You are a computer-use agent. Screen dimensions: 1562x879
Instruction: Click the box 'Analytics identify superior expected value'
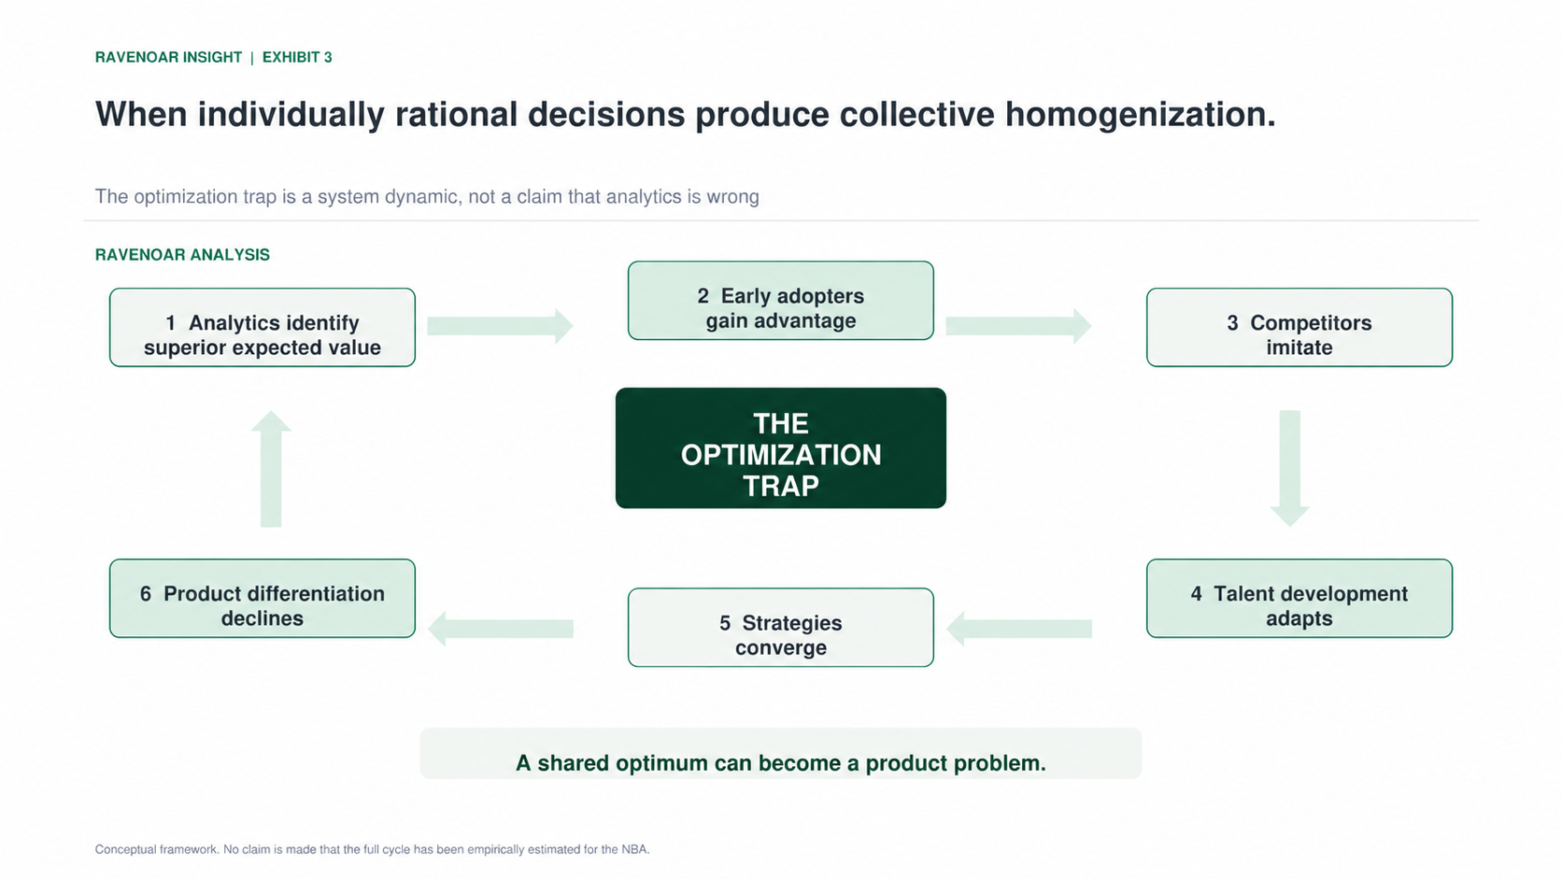click(x=263, y=328)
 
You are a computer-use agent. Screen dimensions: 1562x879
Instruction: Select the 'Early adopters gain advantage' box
click(x=780, y=301)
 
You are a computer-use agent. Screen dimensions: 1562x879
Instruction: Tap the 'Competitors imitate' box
click(x=1299, y=328)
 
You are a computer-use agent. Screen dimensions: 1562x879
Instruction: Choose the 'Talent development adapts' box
click(x=1299, y=598)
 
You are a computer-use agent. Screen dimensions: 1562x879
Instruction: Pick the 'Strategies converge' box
click(x=780, y=628)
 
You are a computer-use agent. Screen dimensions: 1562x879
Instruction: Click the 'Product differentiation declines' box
click(x=263, y=598)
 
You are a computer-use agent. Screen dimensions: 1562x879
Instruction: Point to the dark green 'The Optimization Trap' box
click(x=780, y=447)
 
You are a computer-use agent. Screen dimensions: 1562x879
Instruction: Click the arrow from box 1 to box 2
click(x=500, y=325)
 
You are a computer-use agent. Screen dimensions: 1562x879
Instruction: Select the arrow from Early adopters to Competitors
click(x=1018, y=325)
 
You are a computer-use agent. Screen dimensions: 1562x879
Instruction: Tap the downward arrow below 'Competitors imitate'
click(x=1289, y=468)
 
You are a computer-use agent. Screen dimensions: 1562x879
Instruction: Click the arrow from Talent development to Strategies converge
click(x=1019, y=629)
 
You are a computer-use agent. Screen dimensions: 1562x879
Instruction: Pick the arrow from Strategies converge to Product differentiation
click(x=500, y=629)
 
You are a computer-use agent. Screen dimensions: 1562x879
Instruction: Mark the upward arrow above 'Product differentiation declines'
click(x=271, y=468)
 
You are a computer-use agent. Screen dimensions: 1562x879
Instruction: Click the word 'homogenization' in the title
click(x=1140, y=114)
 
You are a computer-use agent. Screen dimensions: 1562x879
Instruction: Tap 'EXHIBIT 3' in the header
click(x=297, y=57)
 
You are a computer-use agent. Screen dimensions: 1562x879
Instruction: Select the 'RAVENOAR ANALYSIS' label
click(x=182, y=254)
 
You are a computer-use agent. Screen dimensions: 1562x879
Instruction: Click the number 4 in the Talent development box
click(x=1196, y=593)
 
